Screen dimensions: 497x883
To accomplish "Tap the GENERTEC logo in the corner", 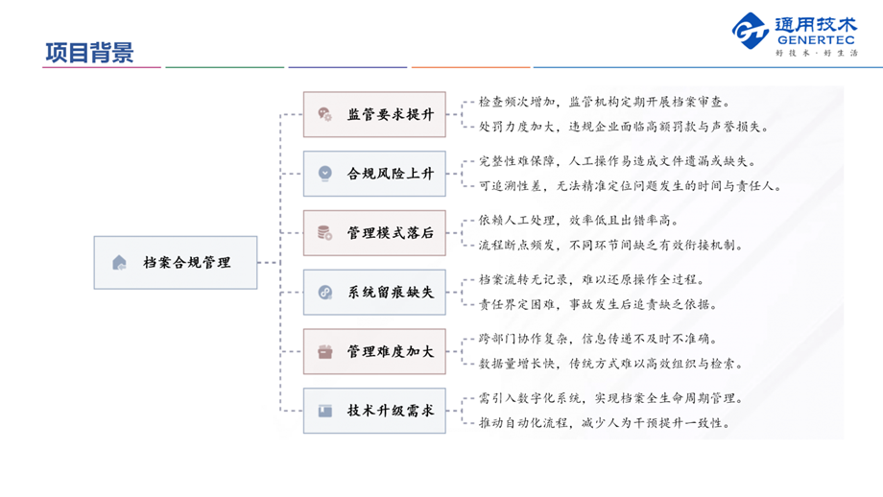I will [795, 35].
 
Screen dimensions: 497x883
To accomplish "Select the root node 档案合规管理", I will [176, 262].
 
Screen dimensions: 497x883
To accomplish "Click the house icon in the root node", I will [119, 262].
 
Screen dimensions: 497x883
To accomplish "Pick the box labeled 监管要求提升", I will [374, 114].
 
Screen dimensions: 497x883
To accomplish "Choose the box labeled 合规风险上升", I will [374, 174].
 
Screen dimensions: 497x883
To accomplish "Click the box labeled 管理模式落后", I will [374, 233].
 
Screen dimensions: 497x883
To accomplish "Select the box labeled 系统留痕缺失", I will [374, 293].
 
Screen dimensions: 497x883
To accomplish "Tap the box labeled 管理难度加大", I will [374, 352].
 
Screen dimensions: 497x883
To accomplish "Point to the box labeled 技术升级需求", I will [374, 411].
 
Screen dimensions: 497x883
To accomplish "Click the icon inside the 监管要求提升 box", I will [325, 114].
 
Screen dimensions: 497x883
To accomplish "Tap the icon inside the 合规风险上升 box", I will [325, 174].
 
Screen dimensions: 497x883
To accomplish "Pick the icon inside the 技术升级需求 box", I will [325, 411].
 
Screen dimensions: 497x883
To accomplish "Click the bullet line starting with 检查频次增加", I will [604, 101].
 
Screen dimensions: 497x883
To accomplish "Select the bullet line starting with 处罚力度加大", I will [623, 126].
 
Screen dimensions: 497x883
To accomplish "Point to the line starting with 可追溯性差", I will [630, 185].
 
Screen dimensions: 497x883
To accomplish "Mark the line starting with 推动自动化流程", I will [605, 423].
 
